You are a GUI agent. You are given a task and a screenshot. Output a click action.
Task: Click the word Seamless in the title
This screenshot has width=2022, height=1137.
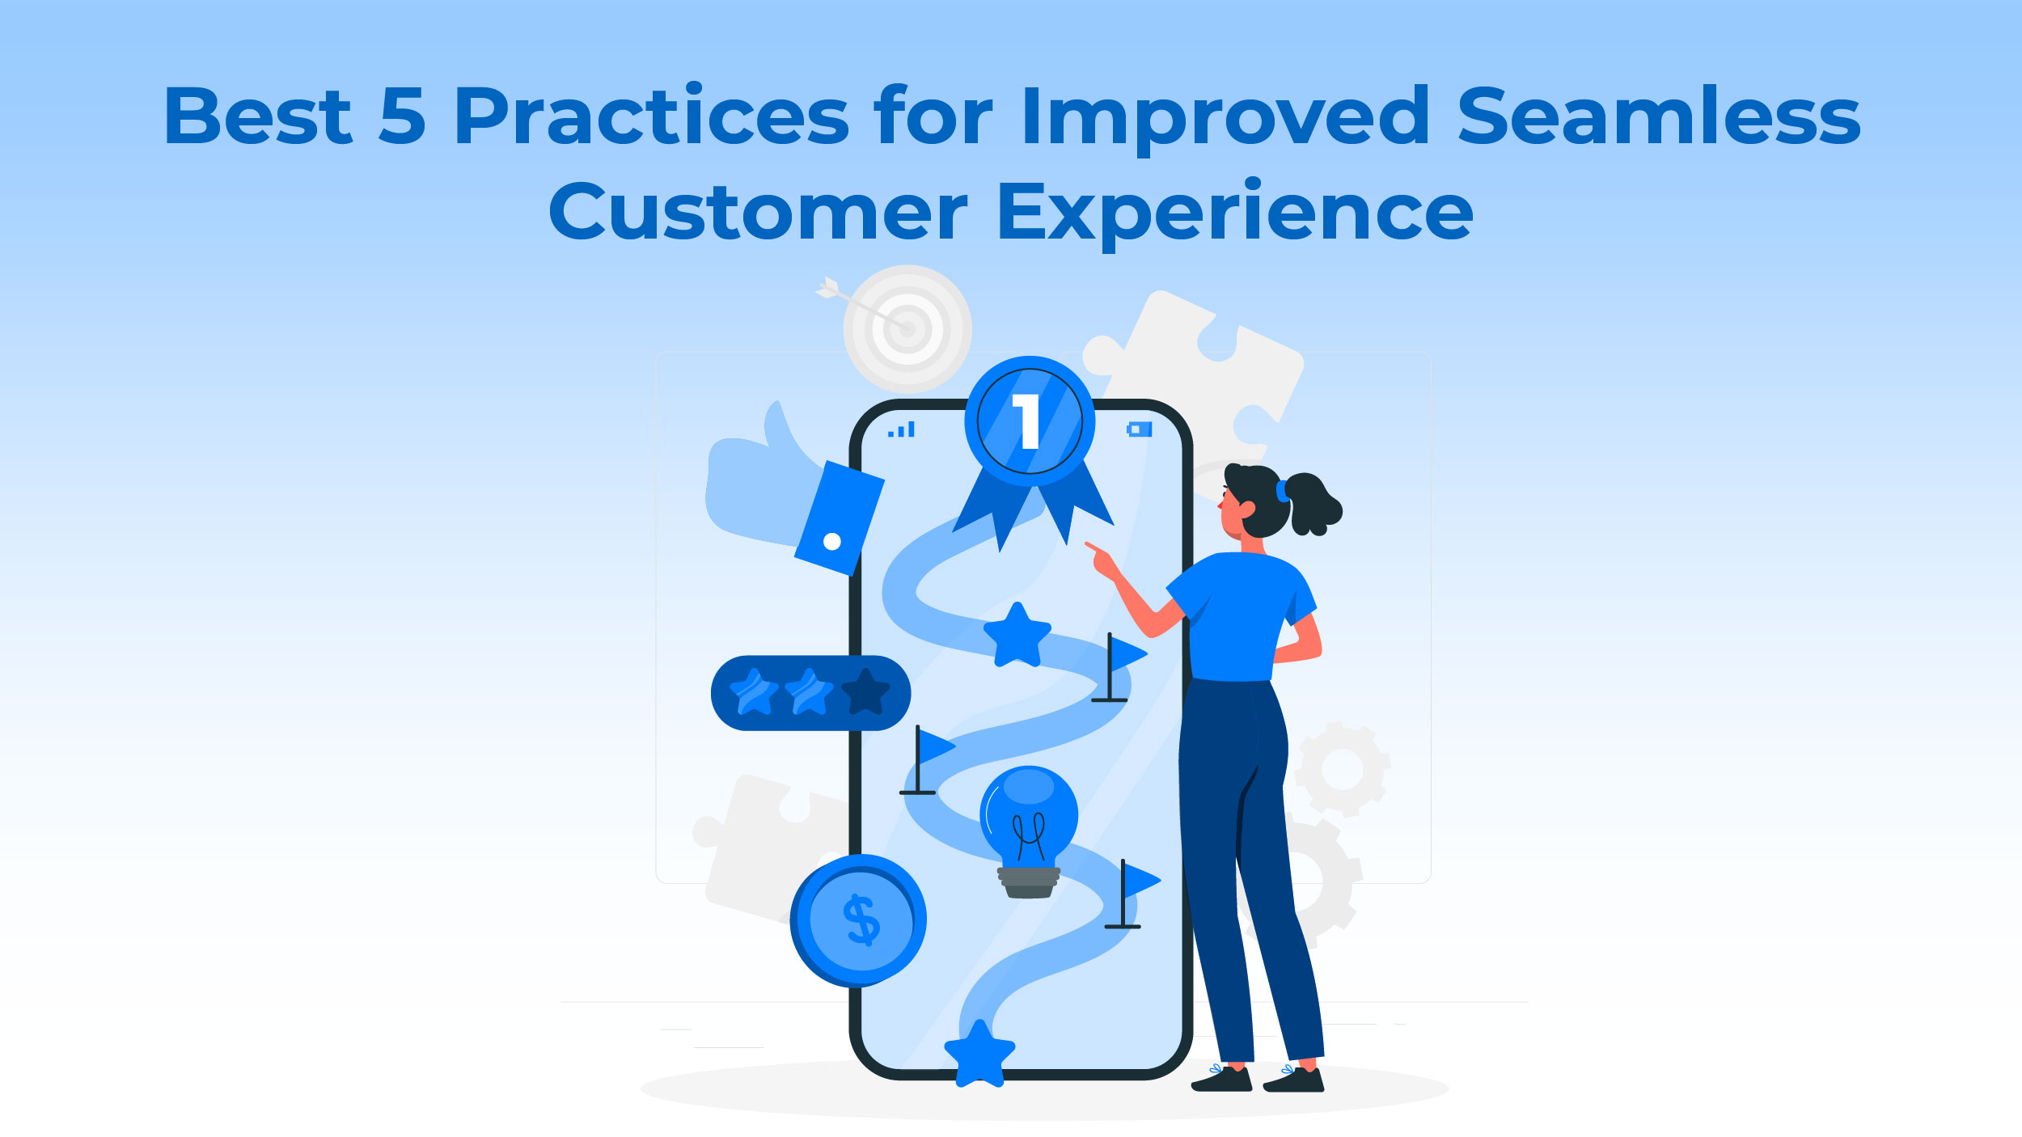point(1659,116)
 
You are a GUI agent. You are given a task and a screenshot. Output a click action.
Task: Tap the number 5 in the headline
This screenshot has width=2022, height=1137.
point(402,116)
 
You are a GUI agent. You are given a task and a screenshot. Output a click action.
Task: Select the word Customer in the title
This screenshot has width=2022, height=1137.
point(758,211)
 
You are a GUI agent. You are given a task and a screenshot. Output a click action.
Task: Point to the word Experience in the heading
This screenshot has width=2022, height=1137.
point(1236,213)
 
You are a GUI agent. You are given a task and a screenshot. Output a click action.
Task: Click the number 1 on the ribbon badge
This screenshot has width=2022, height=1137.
point(1027,421)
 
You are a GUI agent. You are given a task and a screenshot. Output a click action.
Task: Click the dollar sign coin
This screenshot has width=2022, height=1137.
point(858,920)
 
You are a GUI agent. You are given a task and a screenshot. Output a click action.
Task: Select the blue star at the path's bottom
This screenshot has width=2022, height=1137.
point(979,1053)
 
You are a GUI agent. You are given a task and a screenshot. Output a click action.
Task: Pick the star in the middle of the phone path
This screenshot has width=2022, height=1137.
point(1017,636)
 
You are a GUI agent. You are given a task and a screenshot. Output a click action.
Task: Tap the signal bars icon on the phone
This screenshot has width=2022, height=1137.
point(901,429)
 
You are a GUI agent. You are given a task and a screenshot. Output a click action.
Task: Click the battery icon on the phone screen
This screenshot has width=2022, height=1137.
point(1139,429)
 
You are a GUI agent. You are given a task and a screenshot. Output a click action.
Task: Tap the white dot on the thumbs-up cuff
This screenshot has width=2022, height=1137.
point(831,542)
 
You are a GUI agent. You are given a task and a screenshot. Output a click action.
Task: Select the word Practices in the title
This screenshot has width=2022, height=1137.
point(651,116)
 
